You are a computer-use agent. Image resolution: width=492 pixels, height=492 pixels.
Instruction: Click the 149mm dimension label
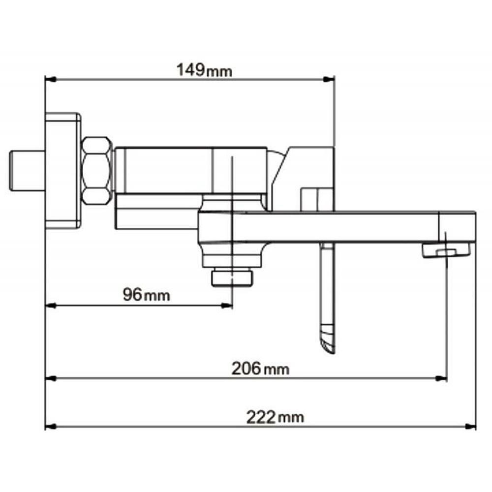pyautogui.click(x=204, y=70)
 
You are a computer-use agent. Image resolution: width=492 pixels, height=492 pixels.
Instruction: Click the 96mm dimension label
pyautogui.click(x=146, y=295)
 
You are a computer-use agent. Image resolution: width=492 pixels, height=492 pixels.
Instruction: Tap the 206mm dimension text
pyautogui.click(x=260, y=369)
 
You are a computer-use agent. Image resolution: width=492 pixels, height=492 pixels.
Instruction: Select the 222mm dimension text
pyautogui.click(x=275, y=417)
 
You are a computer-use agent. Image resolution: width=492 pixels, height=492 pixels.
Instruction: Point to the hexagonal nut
pyautogui.click(x=97, y=171)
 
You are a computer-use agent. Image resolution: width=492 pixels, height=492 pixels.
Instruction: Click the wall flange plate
pyautogui.click(x=63, y=171)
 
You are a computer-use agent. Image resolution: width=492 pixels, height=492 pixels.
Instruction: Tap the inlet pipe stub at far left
pyautogui.click(x=27, y=171)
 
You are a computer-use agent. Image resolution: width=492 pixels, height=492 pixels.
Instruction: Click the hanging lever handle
pyautogui.click(x=328, y=298)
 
